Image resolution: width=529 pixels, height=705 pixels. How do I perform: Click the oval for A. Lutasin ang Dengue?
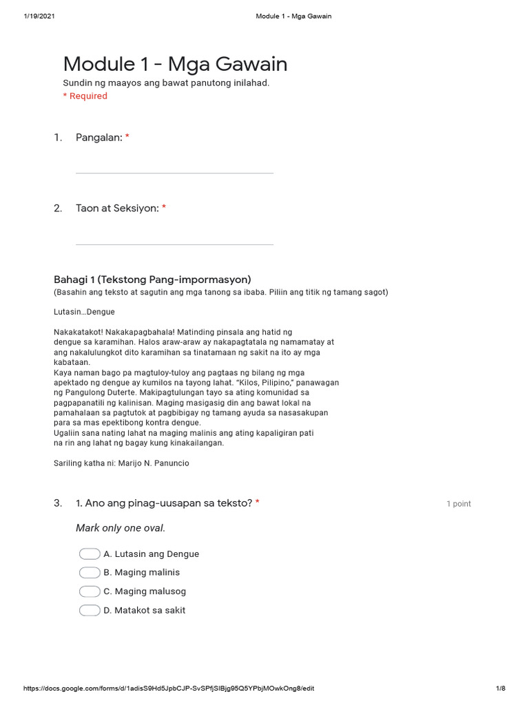pyautogui.click(x=90, y=554)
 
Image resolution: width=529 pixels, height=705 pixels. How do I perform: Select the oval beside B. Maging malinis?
pyautogui.click(x=90, y=573)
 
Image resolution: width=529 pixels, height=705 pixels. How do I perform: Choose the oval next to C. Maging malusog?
pyautogui.click(x=90, y=591)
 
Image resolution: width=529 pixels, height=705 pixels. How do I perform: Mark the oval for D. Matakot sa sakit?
pyautogui.click(x=90, y=610)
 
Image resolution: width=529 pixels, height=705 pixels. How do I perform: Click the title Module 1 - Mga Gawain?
pyautogui.click(x=175, y=64)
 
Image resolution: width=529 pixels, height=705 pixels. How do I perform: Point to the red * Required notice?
pyautogui.click(x=85, y=96)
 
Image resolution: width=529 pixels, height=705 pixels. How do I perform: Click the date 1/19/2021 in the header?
pyautogui.click(x=39, y=16)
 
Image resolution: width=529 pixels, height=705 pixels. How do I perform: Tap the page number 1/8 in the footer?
pyautogui.click(x=500, y=688)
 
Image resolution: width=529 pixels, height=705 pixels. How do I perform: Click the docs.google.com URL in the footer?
pyautogui.click(x=169, y=688)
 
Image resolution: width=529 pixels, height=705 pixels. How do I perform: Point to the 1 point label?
pyautogui.click(x=458, y=504)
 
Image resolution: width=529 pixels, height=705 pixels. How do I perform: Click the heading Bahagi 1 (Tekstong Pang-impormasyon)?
pyautogui.click(x=152, y=280)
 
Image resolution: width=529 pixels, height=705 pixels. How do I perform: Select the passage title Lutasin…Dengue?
pyautogui.click(x=84, y=312)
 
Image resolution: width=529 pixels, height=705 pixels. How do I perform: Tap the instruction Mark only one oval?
pyautogui.click(x=121, y=528)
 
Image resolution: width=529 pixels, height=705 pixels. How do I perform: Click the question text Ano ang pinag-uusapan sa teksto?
pyautogui.click(x=169, y=503)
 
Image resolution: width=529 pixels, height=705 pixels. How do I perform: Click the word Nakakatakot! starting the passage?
pyautogui.click(x=78, y=333)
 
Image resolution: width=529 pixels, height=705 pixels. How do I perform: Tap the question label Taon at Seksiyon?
pyautogui.click(x=117, y=208)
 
